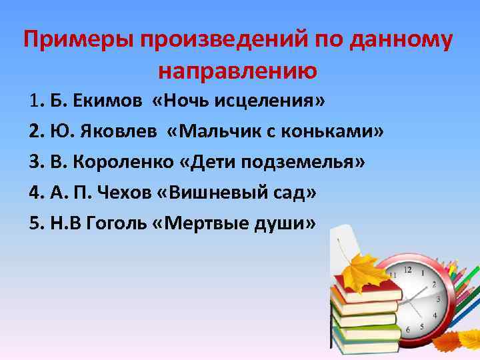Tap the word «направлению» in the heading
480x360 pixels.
238,70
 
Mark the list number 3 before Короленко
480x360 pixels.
35,162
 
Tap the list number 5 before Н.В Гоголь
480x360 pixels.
35,223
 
